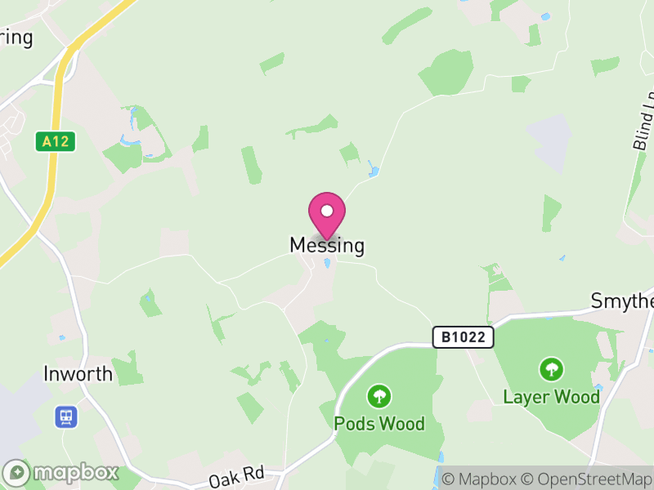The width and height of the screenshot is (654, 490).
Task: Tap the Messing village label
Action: [x=327, y=245]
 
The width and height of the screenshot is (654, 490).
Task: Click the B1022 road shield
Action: [x=464, y=336]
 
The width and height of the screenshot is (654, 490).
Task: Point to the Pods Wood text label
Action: [x=379, y=424]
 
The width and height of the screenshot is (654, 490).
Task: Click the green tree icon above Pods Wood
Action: [x=379, y=397]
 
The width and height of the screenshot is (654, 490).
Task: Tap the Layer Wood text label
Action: [x=551, y=398]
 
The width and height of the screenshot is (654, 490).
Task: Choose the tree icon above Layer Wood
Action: [x=552, y=369]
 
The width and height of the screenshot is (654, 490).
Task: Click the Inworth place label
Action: [x=78, y=374]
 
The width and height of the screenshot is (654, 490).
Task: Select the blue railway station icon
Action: [x=65, y=417]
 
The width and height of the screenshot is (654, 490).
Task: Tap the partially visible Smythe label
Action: [x=622, y=301]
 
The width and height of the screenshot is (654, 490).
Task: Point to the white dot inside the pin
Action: [x=327, y=211]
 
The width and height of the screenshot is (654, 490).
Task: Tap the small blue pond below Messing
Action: [x=327, y=264]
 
